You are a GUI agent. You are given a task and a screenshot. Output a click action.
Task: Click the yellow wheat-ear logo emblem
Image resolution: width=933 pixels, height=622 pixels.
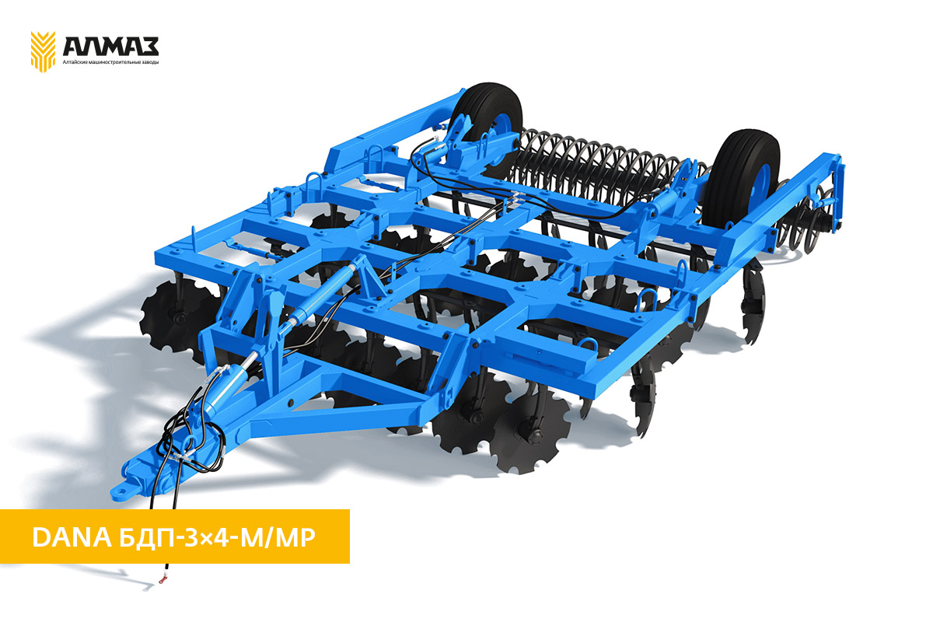43,51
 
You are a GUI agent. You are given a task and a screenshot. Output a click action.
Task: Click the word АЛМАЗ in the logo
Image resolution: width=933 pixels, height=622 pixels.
110,47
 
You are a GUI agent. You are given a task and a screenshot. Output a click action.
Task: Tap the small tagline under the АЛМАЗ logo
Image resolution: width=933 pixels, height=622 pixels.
110,62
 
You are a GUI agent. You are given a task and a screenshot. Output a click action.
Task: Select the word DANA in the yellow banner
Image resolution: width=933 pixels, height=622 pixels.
72,538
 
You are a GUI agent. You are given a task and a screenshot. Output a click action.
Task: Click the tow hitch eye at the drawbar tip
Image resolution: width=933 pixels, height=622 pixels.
121,491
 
